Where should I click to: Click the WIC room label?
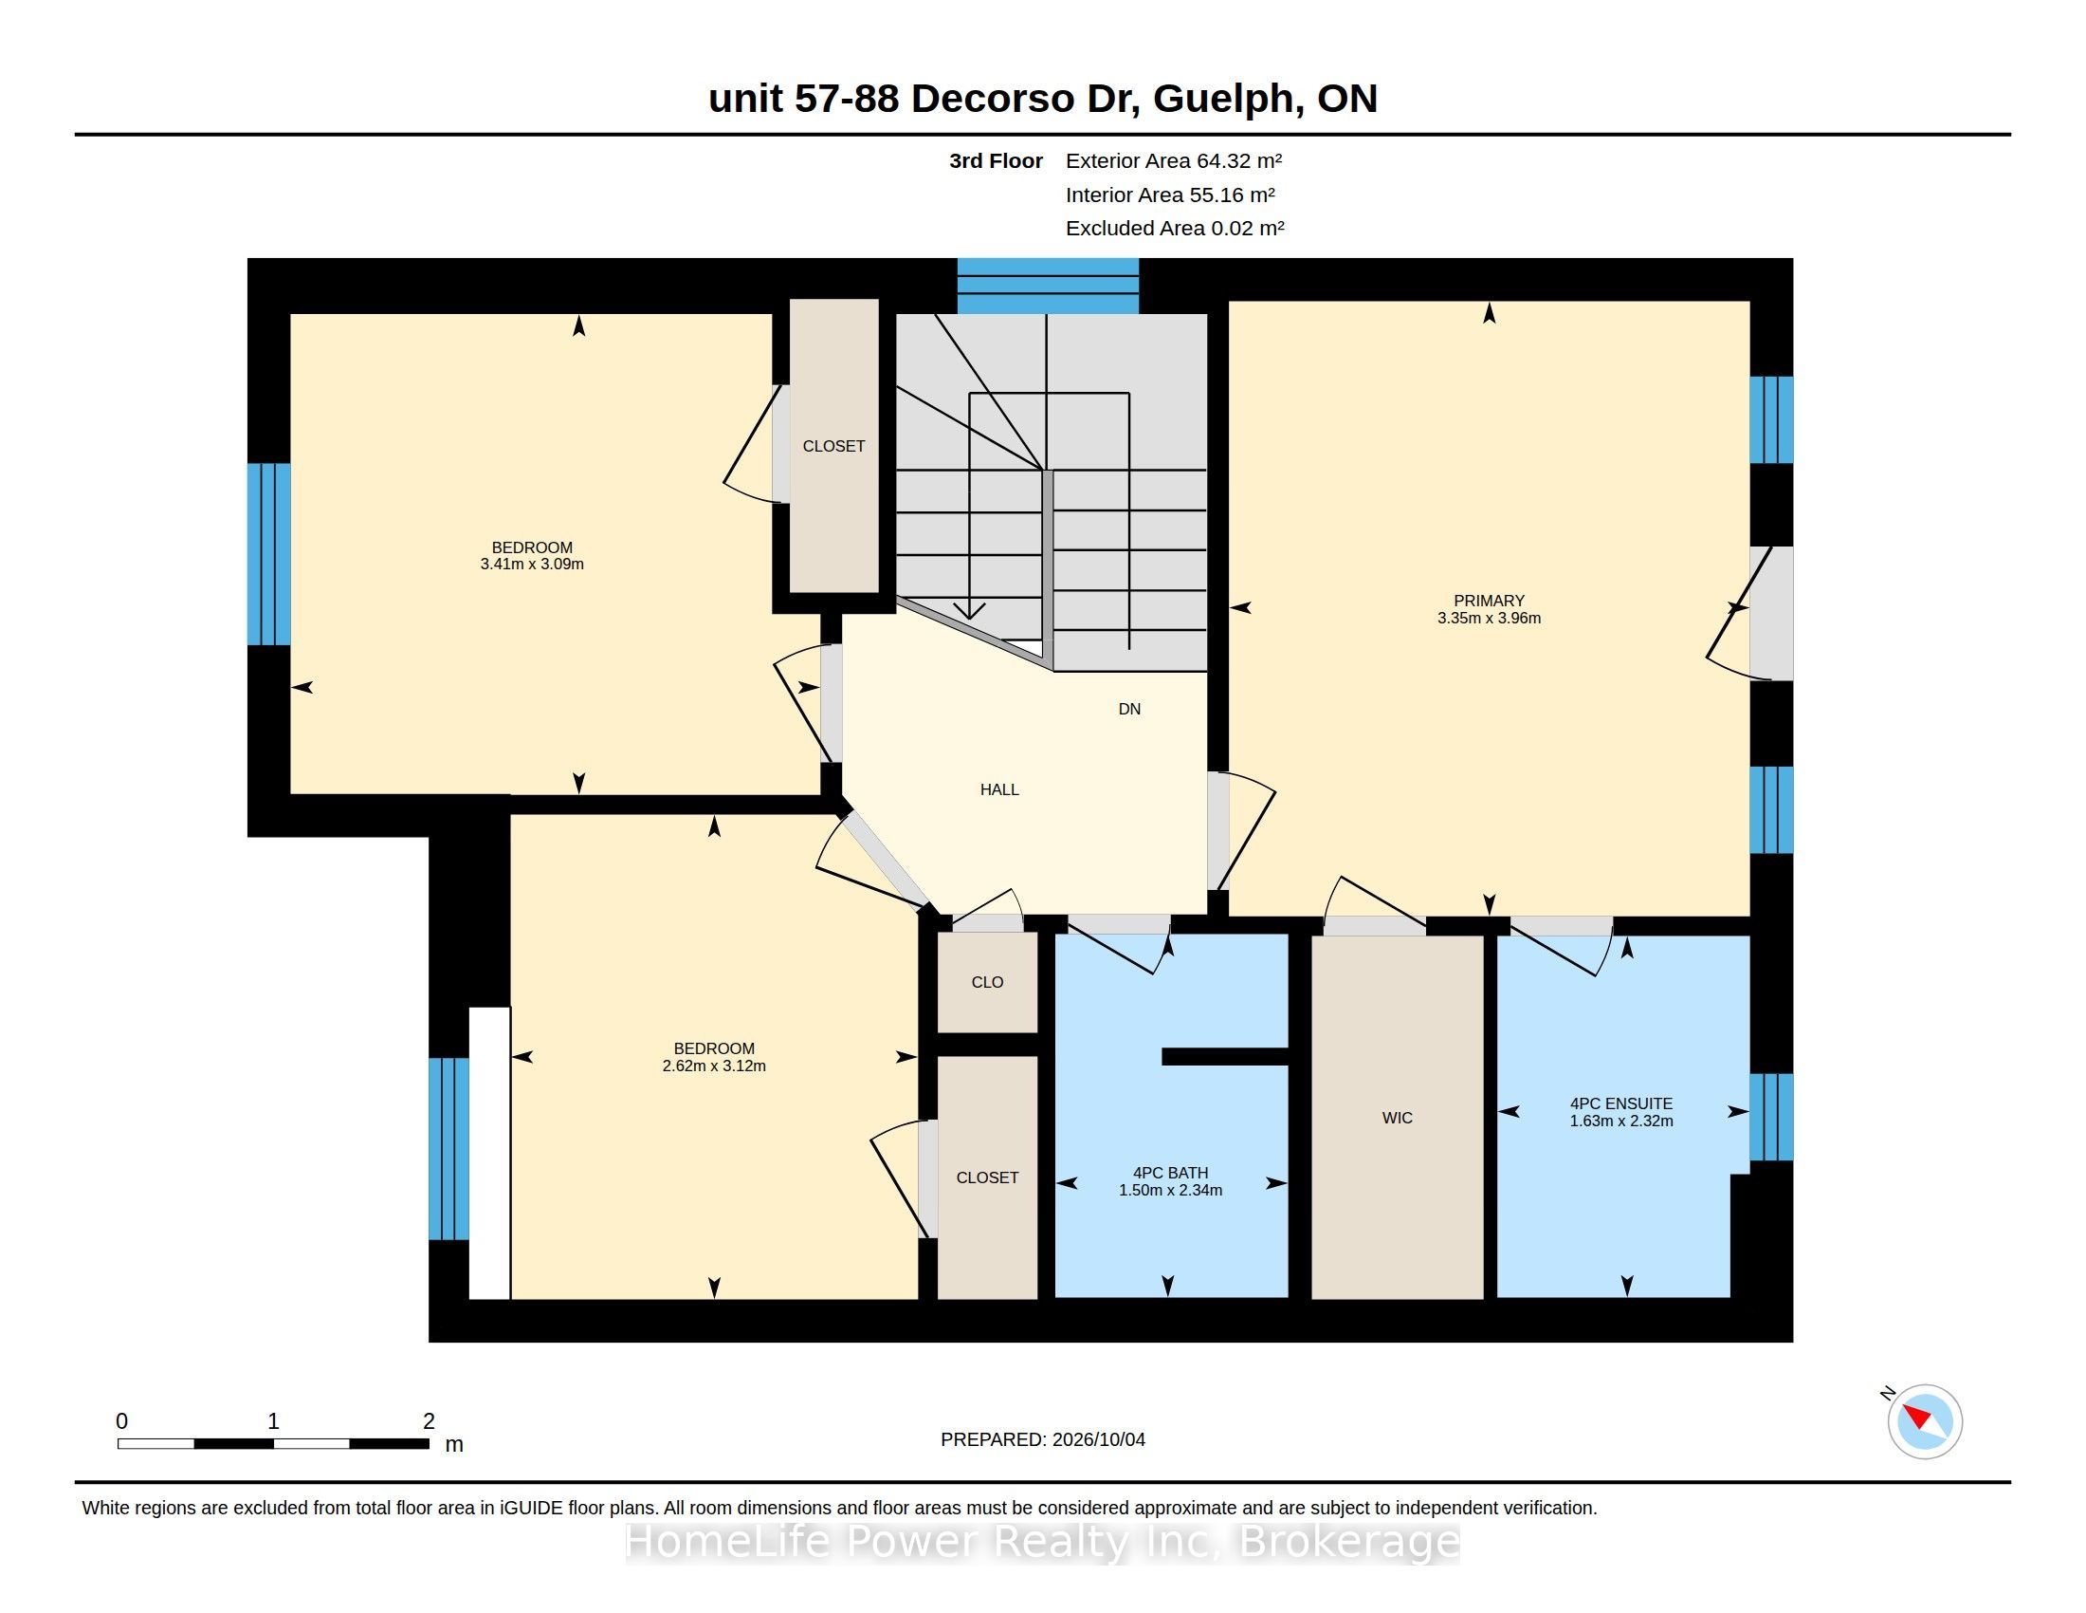coord(1397,1118)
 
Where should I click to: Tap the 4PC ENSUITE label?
coord(1620,1103)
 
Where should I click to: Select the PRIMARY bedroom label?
coord(1489,601)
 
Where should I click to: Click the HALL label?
coord(999,789)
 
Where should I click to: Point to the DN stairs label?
coord(1129,709)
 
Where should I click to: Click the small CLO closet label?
coord(987,982)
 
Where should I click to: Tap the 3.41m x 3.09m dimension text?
coord(532,565)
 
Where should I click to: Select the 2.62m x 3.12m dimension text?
coord(713,1066)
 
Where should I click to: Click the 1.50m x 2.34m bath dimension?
coord(1170,1191)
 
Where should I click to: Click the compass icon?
coord(1925,1421)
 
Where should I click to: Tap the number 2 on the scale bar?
coord(429,1421)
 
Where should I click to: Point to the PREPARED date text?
coord(1043,1439)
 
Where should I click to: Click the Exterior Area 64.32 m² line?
coord(1174,160)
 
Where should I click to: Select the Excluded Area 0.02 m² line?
coord(1175,228)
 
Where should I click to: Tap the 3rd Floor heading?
coord(996,160)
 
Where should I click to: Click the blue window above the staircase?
coord(1048,286)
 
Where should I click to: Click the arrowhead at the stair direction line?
coord(969,610)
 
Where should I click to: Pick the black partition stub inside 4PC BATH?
coord(1224,1056)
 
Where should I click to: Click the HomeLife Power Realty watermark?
coord(1043,1541)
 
